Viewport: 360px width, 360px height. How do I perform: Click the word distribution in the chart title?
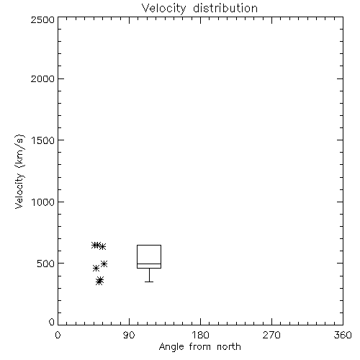click(x=225, y=9)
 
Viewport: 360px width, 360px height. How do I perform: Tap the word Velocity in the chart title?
click(x=163, y=9)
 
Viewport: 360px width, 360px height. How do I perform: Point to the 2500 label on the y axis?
click(x=42, y=19)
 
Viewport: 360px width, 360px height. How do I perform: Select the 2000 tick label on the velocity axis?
click(x=42, y=78)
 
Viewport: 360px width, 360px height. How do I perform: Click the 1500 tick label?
click(x=43, y=140)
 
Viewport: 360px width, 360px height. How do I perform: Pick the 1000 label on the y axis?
click(x=43, y=202)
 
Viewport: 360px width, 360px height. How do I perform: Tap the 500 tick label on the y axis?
click(x=46, y=264)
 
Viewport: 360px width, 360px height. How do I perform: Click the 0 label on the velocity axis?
click(x=52, y=322)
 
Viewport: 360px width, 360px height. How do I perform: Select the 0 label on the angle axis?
click(x=58, y=335)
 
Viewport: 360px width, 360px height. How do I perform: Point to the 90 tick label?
click(x=129, y=335)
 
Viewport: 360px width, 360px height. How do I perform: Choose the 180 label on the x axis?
click(x=200, y=335)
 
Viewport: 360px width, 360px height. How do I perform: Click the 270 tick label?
click(x=271, y=335)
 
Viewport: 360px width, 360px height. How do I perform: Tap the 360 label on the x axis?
click(x=343, y=335)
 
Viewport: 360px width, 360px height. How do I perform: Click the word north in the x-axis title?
click(x=229, y=347)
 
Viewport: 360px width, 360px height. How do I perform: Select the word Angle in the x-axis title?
click(x=171, y=348)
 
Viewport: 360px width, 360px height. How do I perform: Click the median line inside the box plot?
click(x=149, y=264)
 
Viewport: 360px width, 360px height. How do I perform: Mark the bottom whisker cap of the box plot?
click(x=149, y=282)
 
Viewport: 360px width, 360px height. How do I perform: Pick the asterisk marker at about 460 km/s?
click(x=96, y=269)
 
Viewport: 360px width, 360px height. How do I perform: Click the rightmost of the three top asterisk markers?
click(x=102, y=246)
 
